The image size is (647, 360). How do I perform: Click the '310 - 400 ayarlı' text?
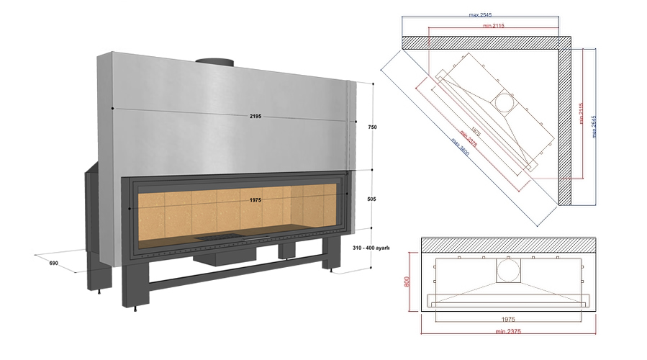[x=371, y=248]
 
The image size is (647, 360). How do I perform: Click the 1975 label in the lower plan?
[x=508, y=317]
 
